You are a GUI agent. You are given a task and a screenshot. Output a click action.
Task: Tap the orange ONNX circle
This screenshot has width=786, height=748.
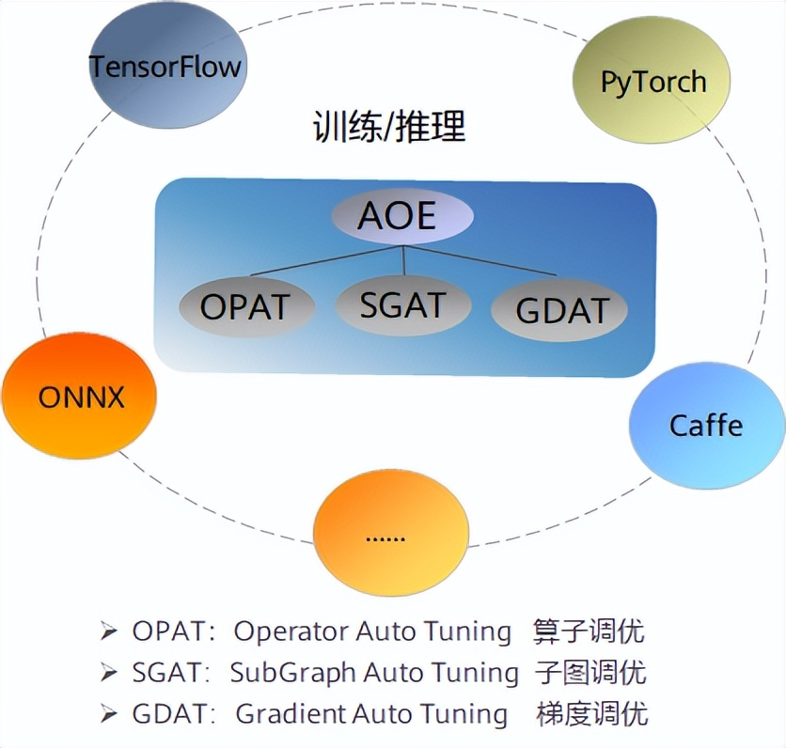80,397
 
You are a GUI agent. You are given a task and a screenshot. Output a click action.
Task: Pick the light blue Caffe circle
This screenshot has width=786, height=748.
705,426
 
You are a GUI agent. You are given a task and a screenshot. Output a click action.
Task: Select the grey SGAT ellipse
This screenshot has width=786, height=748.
402,304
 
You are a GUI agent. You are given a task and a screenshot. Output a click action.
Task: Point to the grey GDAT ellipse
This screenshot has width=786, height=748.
560,310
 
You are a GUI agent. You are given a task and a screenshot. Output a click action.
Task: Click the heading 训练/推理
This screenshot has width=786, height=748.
389,128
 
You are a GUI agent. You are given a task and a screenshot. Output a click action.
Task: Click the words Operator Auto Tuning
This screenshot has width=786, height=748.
372,631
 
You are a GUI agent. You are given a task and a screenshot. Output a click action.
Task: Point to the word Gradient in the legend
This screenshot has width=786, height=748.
291,713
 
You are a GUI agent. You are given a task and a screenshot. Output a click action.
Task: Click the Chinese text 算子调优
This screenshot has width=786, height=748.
589,631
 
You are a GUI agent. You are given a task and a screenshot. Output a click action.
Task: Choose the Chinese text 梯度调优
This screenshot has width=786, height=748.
592,713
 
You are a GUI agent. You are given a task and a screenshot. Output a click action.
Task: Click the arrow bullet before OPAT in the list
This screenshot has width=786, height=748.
109,631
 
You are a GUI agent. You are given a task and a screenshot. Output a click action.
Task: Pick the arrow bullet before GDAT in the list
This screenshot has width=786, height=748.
109,713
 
